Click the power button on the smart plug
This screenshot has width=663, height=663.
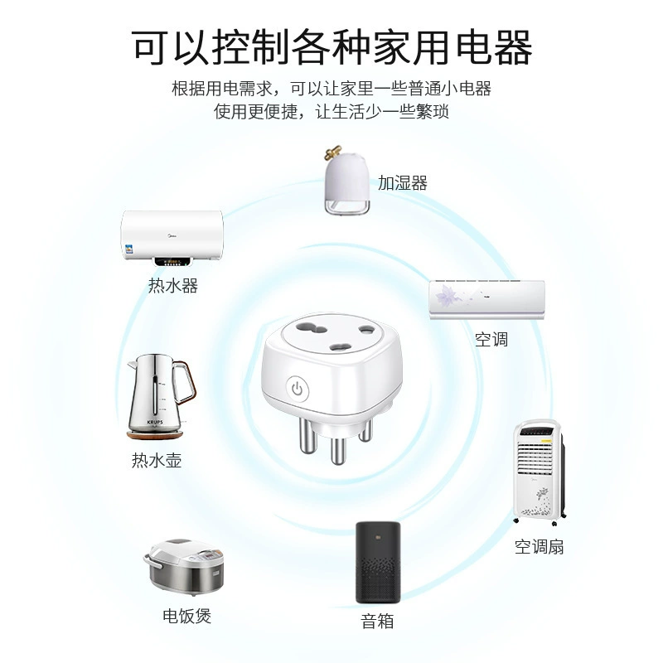coord(298,389)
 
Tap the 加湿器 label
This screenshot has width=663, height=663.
coord(403,182)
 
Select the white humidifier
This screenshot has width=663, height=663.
coord(347,180)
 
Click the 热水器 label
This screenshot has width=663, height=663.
coord(173,285)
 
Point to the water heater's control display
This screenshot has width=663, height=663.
coord(172,262)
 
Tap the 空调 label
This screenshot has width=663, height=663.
coord(491,339)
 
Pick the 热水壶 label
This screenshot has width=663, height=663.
coord(157,460)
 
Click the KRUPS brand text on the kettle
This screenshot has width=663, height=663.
coord(155,422)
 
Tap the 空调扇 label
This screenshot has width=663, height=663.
coord(540,547)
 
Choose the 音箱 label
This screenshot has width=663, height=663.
coord(377,621)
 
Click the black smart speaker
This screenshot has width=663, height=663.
coord(378,563)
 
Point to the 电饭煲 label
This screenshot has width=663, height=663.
coord(187,616)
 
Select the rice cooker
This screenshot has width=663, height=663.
coord(183,567)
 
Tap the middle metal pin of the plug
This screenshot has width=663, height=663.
coord(338,449)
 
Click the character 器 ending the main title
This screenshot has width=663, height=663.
coord(512,47)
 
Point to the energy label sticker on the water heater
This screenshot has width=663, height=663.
coord(128,249)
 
